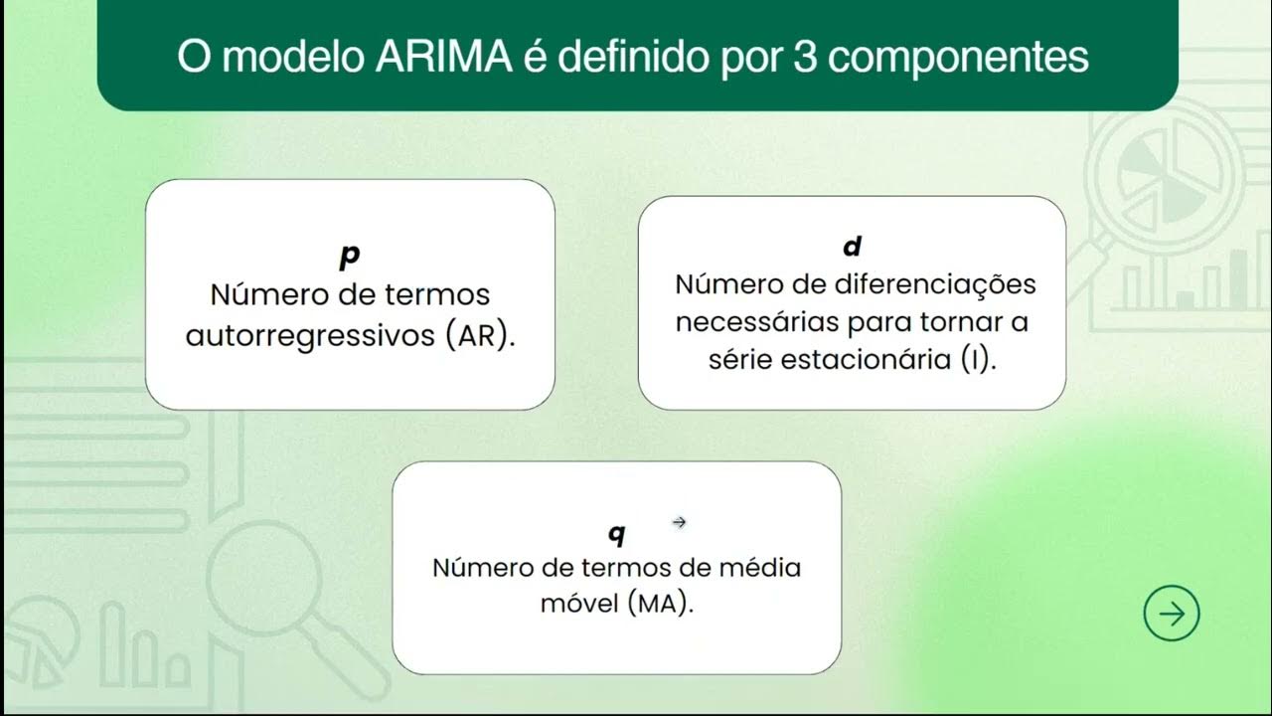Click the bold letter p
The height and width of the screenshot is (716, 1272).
pos(349,257)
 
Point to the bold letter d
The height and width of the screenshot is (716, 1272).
pos(852,247)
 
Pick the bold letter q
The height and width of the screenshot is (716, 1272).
pos(617,534)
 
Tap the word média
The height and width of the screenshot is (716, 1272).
pos(761,567)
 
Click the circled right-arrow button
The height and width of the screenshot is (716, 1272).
pos(1172,614)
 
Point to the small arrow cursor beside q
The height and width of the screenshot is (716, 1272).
pos(680,521)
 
